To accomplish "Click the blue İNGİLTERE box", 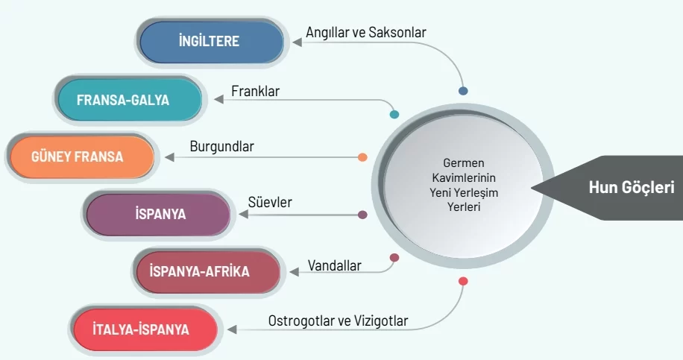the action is tap(211, 42).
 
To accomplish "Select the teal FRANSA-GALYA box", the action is tap(130, 100).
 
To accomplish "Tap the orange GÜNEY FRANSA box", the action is tap(82, 157).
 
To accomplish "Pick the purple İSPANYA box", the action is tap(158, 215).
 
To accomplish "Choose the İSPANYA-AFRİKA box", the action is tap(208, 271).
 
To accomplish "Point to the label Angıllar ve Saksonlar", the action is tap(366, 33).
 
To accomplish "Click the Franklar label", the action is tap(255, 91).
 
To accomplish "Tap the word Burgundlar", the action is tap(221, 147).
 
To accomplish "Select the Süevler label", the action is tap(270, 202).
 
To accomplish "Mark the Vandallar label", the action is tap(335, 265).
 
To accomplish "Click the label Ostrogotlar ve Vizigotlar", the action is tap(338, 320).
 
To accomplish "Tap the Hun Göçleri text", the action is tap(632, 188).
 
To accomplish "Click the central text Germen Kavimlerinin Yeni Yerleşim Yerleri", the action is tap(464, 185).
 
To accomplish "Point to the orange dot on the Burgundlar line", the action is tap(362, 157).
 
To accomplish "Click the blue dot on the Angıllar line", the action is tap(463, 91).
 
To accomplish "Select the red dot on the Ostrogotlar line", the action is tap(463, 281).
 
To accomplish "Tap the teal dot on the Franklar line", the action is tap(394, 115).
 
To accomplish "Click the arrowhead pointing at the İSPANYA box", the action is tap(244, 214).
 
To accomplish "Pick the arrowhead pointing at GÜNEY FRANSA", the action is tap(169, 157).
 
